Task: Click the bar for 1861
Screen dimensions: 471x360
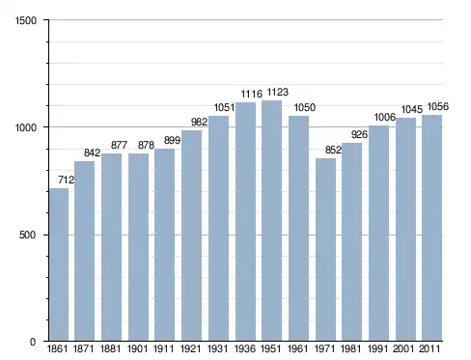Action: [x=59, y=264]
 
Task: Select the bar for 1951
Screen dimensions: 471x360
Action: [x=271, y=221]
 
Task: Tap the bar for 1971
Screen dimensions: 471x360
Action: [x=325, y=249]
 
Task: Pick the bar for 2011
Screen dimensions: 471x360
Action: [x=432, y=228]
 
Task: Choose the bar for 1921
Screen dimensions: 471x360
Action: [x=191, y=235]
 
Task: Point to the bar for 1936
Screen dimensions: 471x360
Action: [x=245, y=221]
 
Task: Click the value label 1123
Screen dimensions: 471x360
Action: [x=278, y=93]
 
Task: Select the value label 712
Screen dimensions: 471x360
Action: [x=66, y=180]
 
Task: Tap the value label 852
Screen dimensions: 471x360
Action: [x=333, y=150]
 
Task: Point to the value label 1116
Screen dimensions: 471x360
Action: [x=252, y=94]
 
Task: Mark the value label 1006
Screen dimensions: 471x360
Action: [x=385, y=117]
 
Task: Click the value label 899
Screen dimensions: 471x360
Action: [x=172, y=140]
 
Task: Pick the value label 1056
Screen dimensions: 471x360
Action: [x=437, y=106]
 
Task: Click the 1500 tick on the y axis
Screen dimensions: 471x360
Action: [x=26, y=20]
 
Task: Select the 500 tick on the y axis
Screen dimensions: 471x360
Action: [x=27, y=235]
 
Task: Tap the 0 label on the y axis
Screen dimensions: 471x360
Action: [x=33, y=342]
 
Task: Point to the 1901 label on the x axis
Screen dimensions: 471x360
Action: [x=137, y=348]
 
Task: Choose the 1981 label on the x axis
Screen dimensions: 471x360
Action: [x=350, y=348]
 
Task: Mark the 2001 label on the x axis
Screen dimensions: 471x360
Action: [x=403, y=348]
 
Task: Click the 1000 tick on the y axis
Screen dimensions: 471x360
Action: [x=26, y=127]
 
